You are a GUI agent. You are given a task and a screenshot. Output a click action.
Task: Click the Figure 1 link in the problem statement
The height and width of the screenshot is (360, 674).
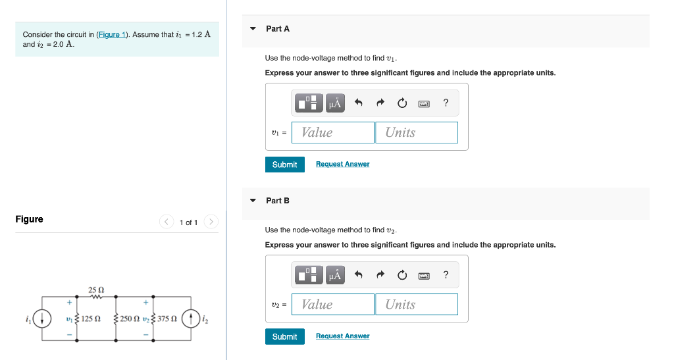coord(113,34)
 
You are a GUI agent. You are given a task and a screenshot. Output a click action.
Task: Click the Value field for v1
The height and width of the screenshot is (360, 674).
coord(333,132)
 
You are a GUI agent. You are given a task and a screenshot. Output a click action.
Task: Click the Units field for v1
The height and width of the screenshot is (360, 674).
coord(417,132)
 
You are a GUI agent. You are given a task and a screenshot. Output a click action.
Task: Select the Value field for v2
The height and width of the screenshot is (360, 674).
coord(333,304)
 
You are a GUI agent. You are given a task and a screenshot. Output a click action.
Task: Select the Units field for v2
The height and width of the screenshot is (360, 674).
coord(417,304)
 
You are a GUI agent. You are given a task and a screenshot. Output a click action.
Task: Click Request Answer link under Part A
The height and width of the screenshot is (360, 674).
coord(342,164)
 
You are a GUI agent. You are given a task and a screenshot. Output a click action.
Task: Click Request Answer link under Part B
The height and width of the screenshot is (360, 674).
coord(342,336)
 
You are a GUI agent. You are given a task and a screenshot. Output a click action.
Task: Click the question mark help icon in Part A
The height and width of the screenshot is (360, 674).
coord(446,103)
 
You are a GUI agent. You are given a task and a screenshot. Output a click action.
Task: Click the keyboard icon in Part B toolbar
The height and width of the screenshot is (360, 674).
coord(424,275)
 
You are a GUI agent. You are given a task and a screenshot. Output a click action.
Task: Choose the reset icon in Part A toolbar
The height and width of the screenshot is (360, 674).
coord(402,103)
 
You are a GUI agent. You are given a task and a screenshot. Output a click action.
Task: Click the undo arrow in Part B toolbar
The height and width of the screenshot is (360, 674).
coord(359,275)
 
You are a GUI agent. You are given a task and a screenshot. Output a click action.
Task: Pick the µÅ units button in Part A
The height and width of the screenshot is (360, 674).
coord(335,103)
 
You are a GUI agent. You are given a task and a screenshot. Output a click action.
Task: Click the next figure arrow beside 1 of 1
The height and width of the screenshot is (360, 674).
coord(211,222)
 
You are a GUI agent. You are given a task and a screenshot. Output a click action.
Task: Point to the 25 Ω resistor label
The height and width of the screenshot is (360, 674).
coord(96,290)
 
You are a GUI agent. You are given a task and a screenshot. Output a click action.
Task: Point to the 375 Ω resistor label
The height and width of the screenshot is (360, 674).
coord(168,319)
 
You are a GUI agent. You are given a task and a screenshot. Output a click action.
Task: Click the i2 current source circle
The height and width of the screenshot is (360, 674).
coord(191,319)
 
